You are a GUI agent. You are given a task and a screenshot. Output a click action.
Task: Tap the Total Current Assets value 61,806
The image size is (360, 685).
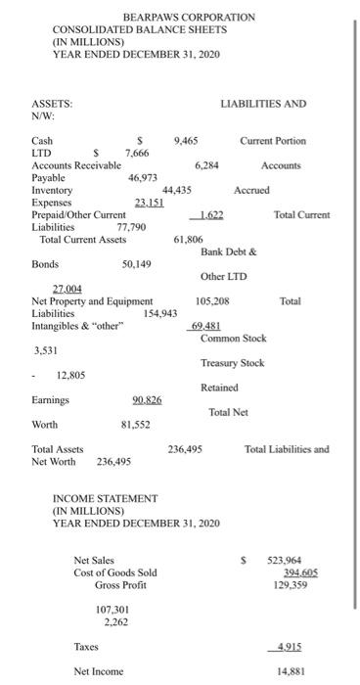pos(189,239)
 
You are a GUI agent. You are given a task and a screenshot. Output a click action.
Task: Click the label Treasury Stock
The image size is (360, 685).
pos(233,363)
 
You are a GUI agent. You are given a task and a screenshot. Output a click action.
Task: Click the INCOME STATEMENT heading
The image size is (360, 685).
pos(105,499)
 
